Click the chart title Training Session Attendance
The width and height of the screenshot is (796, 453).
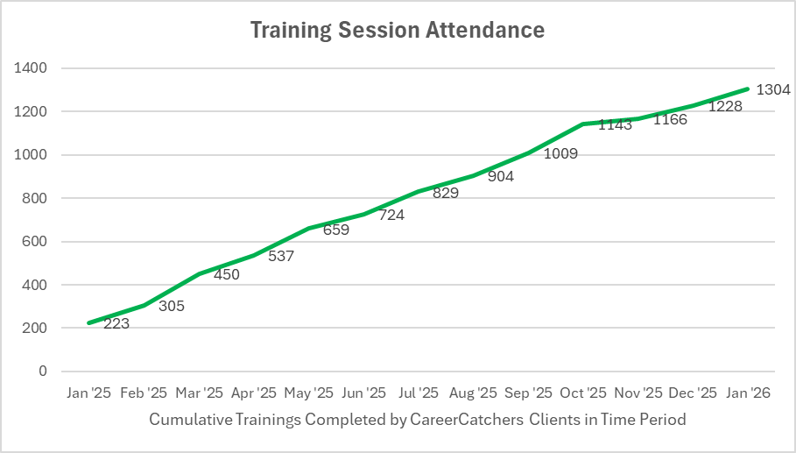tap(398, 30)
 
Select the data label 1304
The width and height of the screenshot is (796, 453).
tap(773, 89)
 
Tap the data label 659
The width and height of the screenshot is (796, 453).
tap(336, 231)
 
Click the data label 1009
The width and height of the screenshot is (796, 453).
tap(560, 153)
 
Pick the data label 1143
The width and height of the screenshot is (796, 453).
tap(615, 124)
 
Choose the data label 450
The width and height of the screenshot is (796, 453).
tap(226, 274)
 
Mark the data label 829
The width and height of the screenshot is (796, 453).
tap(446, 193)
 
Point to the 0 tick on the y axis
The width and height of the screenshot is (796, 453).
tap(42, 372)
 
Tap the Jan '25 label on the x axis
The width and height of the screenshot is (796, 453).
tap(89, 393)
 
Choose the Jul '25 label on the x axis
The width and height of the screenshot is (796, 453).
tap(419, 393)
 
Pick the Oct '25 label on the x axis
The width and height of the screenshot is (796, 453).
tap(583, 393)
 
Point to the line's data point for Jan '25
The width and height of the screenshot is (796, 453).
tap(89, 323)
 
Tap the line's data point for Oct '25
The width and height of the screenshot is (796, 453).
tap(583, 124)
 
